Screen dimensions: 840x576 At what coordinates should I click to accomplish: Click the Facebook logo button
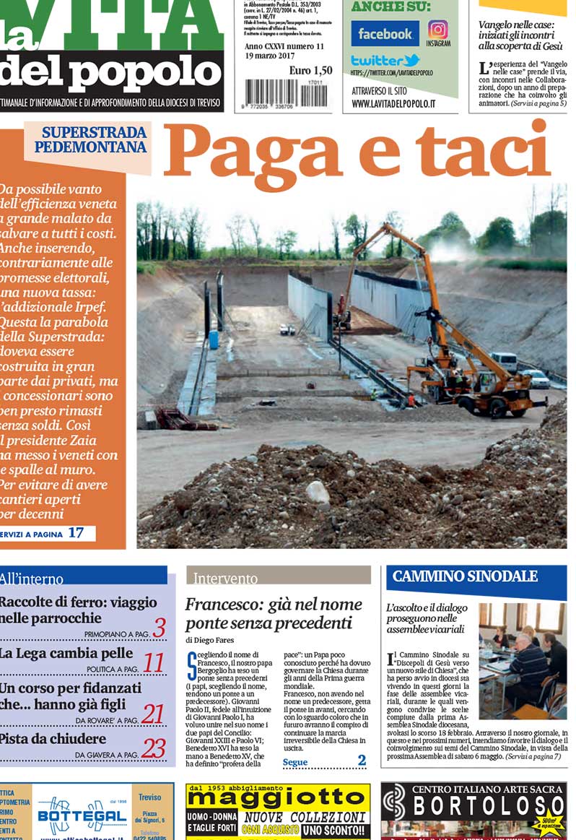click(x=385, y=34)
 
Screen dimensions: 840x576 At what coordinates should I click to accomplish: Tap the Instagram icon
click(x=438, y=30)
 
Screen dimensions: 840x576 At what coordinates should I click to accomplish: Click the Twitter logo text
click(x=385, y=61)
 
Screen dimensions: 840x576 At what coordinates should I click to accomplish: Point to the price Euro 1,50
click(x=310, y=70)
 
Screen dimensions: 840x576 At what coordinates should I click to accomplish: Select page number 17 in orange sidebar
click(x=76, y=533)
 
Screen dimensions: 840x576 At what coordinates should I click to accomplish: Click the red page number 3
click(x=159, y=627)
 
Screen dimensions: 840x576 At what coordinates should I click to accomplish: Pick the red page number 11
click(x=153, y=663)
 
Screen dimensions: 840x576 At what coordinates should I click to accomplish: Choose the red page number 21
click(x=152, y=714)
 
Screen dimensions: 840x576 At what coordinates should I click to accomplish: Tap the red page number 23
click(x=153, y=748)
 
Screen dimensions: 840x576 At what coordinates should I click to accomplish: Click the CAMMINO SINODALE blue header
click(x=465, y=576)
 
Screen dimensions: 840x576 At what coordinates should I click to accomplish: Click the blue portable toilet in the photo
click(x=214, y=339)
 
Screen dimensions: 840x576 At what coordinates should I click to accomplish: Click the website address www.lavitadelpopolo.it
click(x=393, y=104)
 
